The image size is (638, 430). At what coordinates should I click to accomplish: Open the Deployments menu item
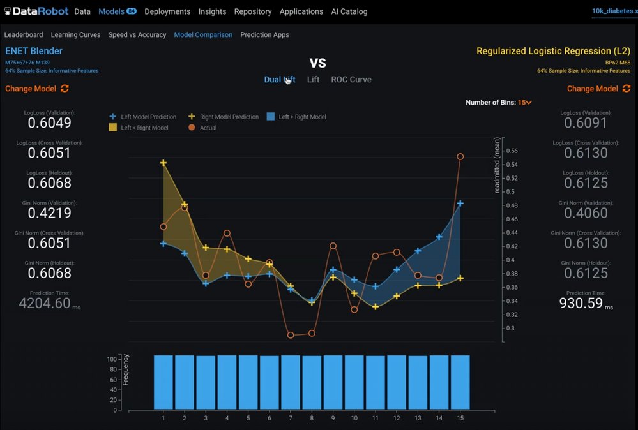167,11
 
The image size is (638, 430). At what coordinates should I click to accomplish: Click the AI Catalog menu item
349,11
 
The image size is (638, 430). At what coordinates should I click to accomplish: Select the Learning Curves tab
75,34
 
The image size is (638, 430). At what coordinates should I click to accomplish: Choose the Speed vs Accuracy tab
137,34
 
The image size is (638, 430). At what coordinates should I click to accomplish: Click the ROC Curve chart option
351,80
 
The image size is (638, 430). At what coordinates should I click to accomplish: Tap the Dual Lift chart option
280,80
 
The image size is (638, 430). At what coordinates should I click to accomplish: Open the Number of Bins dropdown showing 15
525,102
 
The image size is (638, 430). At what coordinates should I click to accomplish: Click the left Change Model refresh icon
65,89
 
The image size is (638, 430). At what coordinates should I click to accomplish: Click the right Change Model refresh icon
627,89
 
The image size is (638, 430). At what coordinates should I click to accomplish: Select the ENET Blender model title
34,51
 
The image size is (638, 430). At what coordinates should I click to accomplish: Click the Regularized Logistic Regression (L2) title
553,51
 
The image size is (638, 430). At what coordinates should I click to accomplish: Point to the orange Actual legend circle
192,128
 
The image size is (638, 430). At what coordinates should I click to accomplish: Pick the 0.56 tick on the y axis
511,151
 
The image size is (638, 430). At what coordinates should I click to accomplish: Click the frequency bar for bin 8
312,382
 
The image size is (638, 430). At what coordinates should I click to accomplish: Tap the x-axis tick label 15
460,419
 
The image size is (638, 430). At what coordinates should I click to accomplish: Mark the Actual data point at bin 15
460,156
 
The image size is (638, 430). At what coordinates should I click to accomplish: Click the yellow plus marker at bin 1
163,163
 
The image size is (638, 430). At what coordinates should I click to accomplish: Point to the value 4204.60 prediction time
45,304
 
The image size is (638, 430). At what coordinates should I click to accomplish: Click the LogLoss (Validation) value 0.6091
586,123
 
